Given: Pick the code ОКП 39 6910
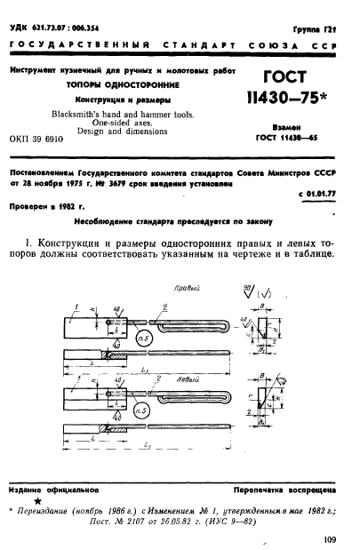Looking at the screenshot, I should tap(38, 140).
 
